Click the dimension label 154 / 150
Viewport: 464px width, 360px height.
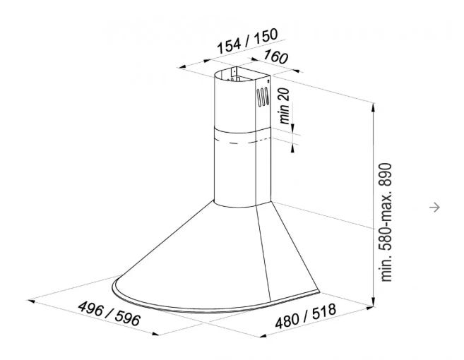247,41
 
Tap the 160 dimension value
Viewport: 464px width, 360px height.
275,56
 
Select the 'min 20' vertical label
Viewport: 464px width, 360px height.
285,106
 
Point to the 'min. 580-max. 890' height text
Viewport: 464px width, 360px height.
386,222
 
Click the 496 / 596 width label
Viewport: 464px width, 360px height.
109,313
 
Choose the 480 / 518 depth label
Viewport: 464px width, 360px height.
305,316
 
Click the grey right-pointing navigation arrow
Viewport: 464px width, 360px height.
434,207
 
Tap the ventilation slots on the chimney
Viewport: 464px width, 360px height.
263,96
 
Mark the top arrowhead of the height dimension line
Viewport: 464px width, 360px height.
374,107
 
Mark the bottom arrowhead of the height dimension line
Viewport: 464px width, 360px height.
374,301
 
